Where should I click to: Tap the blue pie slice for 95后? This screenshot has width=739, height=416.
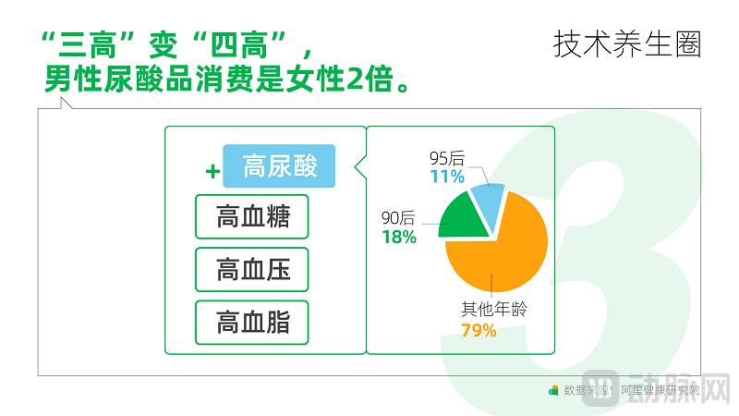pyautogui.click(x=488, y=195)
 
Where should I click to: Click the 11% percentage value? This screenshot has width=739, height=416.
pyautogui.click(x=447, y=177)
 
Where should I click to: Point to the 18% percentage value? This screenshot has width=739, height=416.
pyautogui.click(x=399, y=237)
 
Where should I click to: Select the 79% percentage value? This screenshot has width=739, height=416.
pyautogui.click(x=479, y=330)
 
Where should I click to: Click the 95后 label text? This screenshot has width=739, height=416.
pyautogui.click(x=447, y=159)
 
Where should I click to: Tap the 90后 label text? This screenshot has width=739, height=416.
pyautogui.click(x=399, y=219)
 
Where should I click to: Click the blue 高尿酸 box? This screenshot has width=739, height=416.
pyautogui.click(x=279, y=166)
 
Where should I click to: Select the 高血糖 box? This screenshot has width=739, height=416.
pyautogui.click(x=252, y=217)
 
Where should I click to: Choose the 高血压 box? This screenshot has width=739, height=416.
pyautogui.click(x=252, y=270)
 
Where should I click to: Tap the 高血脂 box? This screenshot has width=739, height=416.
pyautogui.click(x=252, y=323)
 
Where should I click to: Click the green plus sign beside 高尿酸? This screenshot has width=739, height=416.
pyautogui.click(x=212, y=171)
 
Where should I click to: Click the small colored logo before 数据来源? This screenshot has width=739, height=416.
pyautogui.click(x=553, y=390)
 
